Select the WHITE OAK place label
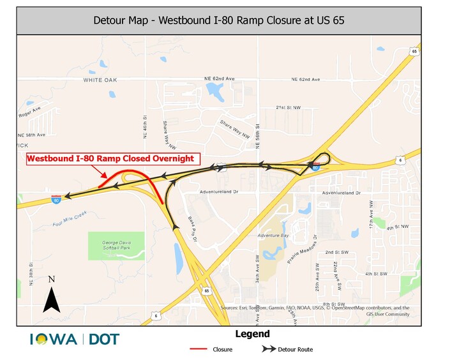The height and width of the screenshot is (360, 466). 101,80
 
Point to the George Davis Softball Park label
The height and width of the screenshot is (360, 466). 116,246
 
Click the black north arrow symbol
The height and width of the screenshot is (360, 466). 51,299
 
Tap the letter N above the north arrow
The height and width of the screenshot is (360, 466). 52,279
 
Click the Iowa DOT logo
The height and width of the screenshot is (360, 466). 75,339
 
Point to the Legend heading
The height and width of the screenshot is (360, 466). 252,334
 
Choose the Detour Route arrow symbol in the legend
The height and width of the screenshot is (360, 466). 269,349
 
